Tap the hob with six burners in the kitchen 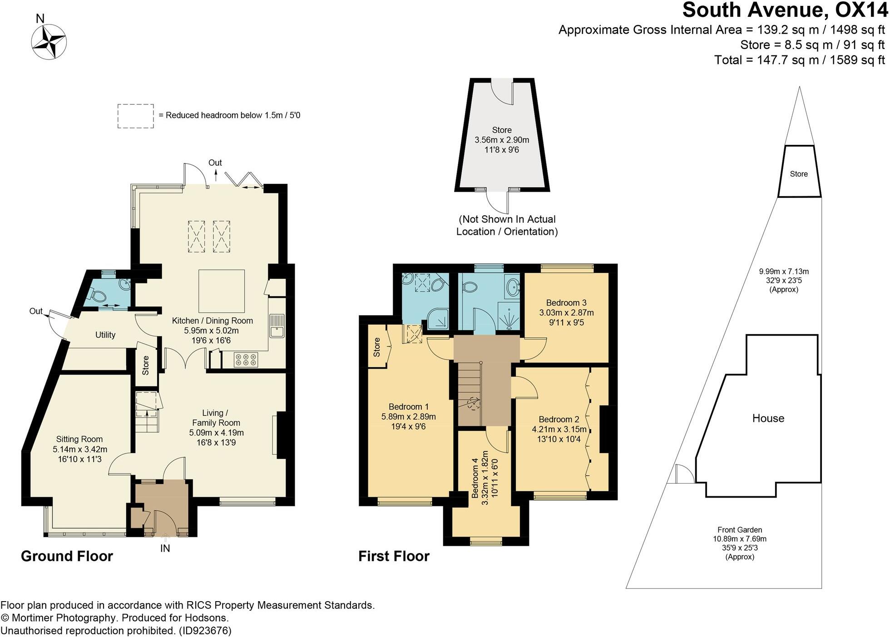pos(246,360)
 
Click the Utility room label pos(105,335)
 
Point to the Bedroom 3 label pos(566,303)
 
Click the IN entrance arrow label pos(165,548)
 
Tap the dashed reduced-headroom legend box pos(135,116)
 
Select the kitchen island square pos(222,291)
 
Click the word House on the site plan pos(768,418)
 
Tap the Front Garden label pos(739,530)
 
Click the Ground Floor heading pos(67,556)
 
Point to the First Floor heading pos(394,556)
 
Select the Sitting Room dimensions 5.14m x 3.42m pos(80,449)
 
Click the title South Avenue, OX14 pos(785,10)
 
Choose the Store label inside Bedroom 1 pos(376,347)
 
